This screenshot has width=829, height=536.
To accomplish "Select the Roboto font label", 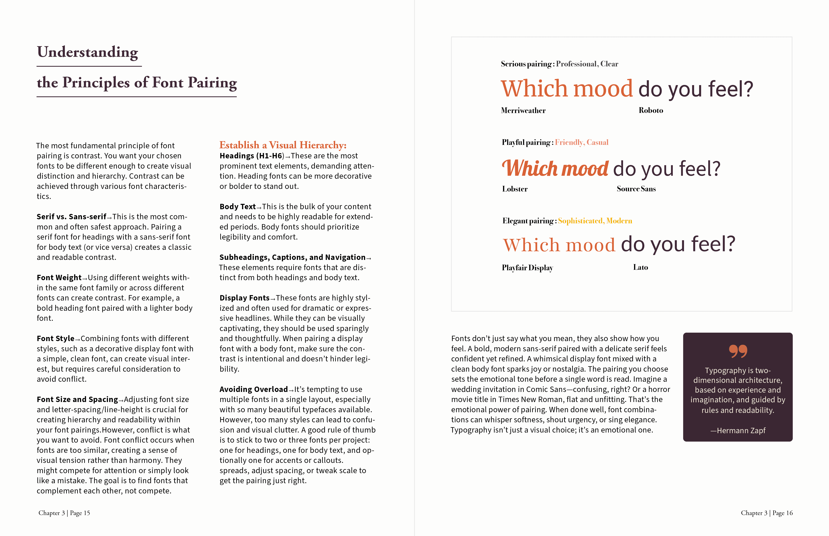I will click(x=651, y=110).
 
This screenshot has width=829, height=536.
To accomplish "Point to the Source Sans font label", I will click(x=636, y=189).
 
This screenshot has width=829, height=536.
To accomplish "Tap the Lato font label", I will click(x=640, y=267).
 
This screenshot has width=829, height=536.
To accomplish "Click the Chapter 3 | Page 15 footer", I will click(x=64, y=513).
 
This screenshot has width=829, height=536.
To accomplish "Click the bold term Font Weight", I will click(x=59, y=278).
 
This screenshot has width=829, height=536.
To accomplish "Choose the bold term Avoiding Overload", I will click(x=253, y=389).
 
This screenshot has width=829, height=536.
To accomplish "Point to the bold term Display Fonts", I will click(x=244, y=298).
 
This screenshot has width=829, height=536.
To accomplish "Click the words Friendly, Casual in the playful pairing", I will click(x=581, y=142).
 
